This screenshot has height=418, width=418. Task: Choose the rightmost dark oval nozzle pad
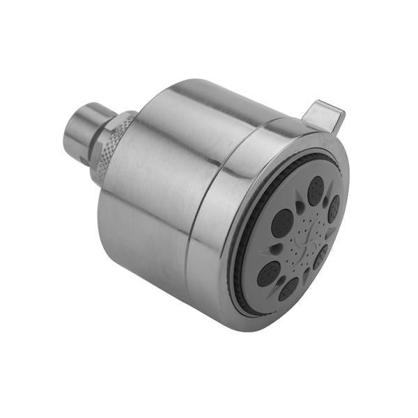[x=334, y=208]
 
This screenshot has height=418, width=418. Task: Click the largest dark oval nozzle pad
[x=282, y=223]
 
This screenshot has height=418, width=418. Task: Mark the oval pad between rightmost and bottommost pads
[x=320, y=257]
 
